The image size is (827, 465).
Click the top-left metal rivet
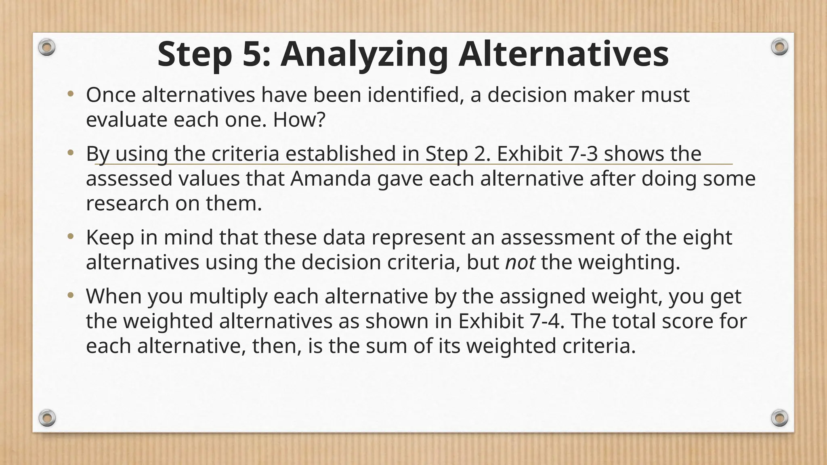46,48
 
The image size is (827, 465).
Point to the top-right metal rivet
779,47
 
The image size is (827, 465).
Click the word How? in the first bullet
299,120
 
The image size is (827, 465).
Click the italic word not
520,262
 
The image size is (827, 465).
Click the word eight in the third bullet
707,237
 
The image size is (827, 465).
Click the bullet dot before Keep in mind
71,237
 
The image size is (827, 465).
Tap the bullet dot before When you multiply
71,295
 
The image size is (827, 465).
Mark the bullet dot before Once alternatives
71,94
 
